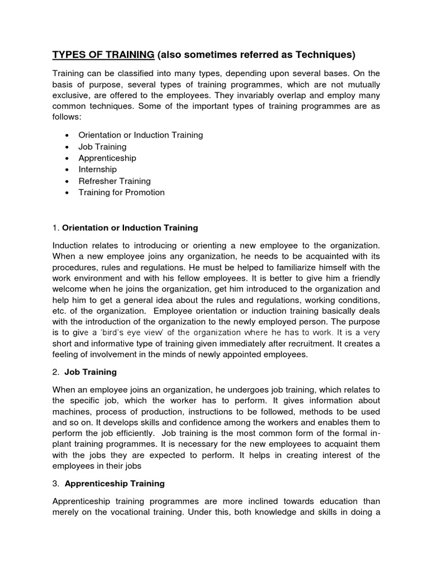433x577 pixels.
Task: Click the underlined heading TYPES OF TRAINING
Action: point(103,55)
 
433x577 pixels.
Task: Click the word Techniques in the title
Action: point(326,55)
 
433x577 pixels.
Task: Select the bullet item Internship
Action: point(98,169)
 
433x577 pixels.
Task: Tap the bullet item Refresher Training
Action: point(114,181)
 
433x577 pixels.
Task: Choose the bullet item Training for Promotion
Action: point(121,192)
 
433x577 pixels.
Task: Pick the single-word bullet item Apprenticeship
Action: point(107,158)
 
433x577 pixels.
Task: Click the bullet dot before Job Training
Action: point(67,147)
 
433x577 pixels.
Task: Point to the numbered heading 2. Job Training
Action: point(90,372)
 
